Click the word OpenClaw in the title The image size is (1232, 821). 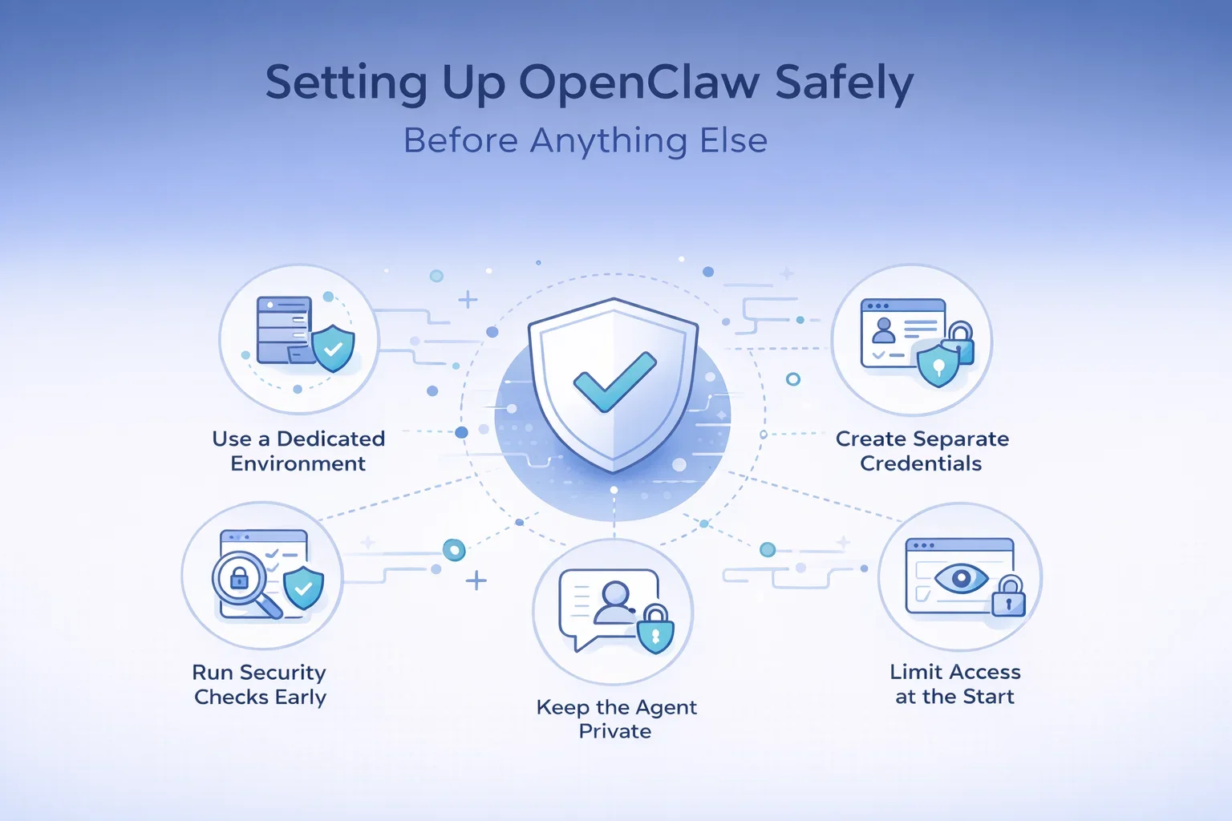coord(639,83)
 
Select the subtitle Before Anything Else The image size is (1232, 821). coord(586,140)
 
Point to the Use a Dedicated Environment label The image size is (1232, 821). coord(298,451)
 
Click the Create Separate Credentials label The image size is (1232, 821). coord(922,451)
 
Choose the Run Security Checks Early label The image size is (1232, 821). coord(260,684)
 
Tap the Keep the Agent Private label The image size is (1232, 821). coord(616,719)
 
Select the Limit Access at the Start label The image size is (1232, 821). coord(954,684)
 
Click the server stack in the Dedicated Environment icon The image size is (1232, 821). coord(283,330)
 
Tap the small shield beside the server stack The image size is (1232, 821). coord(333,348)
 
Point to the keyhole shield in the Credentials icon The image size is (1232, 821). coord(938,366)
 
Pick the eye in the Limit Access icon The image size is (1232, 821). coord(960,577)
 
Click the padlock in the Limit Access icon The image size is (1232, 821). coord(1008,597)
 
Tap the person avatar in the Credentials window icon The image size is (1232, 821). coord(884,330)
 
